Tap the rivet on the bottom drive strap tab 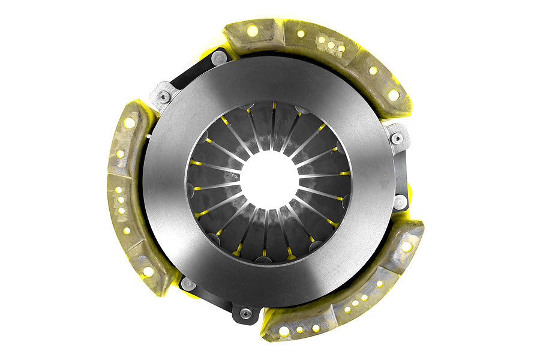click(x=245, y=313)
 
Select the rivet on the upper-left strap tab click(x=164, y=97)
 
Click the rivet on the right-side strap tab click(x=397, y=139)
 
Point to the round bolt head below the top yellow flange click(x=220, y=58)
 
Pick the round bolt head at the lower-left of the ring click(x=188, y=284)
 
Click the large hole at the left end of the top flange click(x=252, y=31)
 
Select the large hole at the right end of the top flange click(x=393, y=95)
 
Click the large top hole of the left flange click(x=129, y=123)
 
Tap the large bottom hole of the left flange click(x=148, y=271)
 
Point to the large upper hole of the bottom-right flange click(x=406, y=246)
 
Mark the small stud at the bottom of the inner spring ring click(x=263, y=259)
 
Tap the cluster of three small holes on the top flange click(x=331, y=44)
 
